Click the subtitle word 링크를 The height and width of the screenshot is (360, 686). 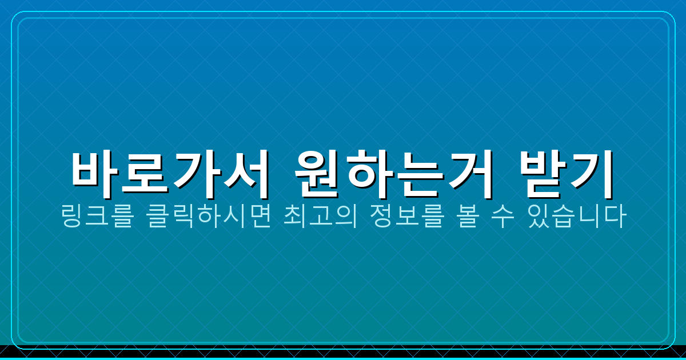tap(92, 219)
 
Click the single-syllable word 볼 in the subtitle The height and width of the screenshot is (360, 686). tap(465, 219)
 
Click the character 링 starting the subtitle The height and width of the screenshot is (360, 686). tap(71, 219)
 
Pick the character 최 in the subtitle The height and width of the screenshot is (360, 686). tap(295, 219)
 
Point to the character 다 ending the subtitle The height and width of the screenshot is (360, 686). tap(616, 219)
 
